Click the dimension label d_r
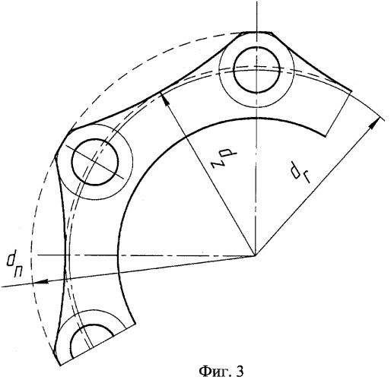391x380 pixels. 300,173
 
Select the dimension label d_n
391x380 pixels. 14,265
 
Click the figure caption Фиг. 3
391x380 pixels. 221,372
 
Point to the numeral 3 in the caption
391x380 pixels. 240,371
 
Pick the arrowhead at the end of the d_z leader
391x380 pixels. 165,98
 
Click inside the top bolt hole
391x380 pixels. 256,70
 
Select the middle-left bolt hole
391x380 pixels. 95,162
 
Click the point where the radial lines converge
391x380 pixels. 256,255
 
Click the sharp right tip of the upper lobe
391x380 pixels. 351,91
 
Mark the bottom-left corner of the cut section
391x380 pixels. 60,365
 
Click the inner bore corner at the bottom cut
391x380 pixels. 135,323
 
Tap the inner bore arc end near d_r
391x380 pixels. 326,136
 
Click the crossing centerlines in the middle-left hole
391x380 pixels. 95,161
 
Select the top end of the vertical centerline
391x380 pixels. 256,1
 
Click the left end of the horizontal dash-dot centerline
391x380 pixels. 37,255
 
